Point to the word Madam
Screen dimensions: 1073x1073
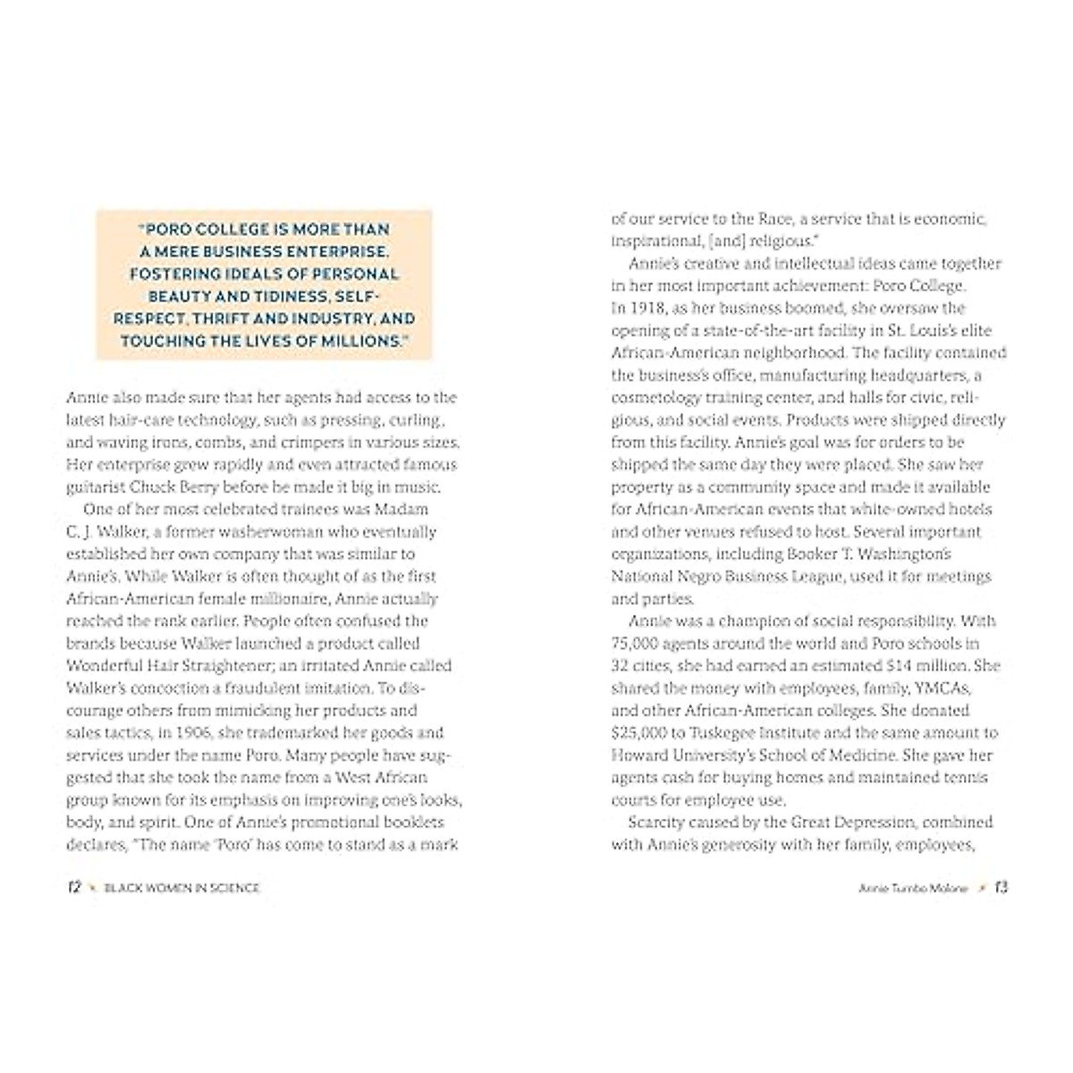pyautogui.click(x=404, y=510)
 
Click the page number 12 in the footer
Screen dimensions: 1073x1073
pyautogui.click(x=75, y=888)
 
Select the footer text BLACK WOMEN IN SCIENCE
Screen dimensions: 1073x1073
pyautogui.click(x=182, y=888)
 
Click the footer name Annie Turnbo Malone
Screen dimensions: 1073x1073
pyautogui.click(x=912, y=889)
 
